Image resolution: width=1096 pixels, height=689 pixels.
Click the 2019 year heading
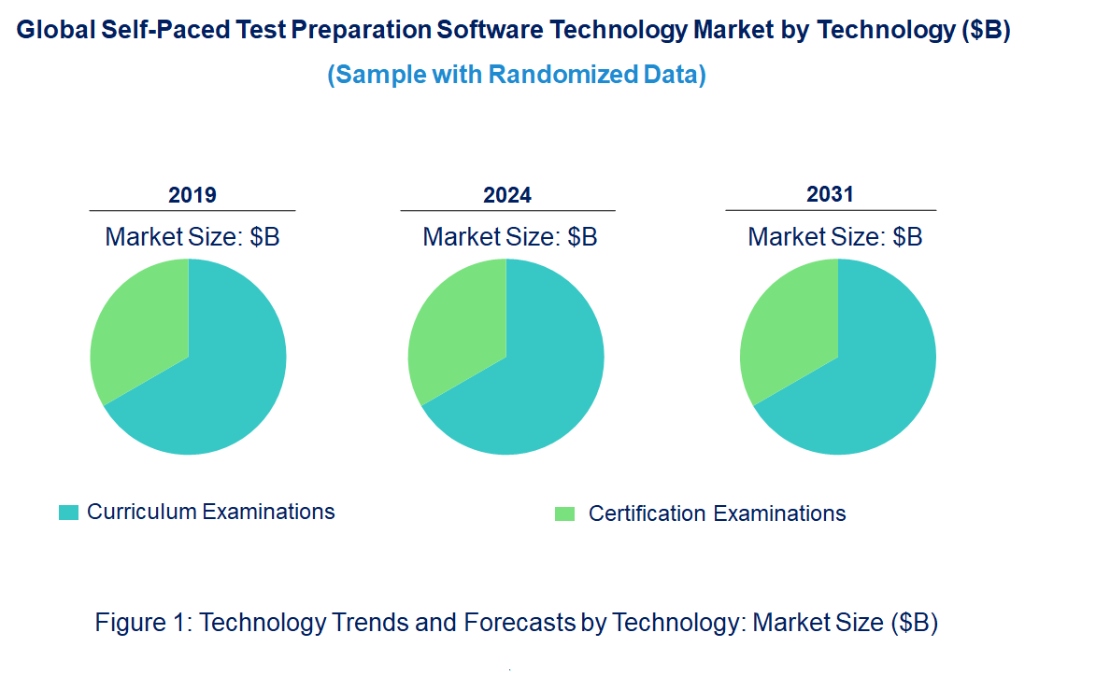192,195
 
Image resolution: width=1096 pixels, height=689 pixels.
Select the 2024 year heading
507,195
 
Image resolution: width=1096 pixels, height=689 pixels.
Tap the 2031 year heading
831,194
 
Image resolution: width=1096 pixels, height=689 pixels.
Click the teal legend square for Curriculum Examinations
68,513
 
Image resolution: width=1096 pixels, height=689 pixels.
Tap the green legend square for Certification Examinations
564,513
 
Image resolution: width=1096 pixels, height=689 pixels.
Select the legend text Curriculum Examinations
211,512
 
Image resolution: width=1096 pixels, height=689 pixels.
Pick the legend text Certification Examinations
718,513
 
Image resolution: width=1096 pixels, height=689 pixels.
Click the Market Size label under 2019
192,237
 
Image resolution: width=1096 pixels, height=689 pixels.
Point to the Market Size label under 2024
510,237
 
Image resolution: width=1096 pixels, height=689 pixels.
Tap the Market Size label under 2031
835,237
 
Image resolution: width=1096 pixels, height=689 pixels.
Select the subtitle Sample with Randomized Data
517,75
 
